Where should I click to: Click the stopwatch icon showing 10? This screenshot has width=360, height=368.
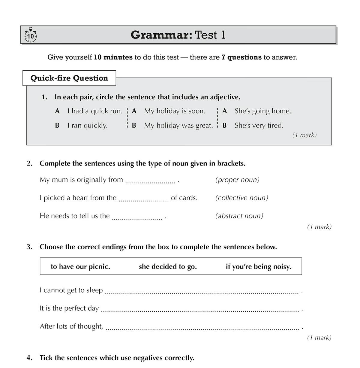pyautogui.click(x=30, y=36)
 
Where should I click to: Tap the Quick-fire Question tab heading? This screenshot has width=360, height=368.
pyautogui.click(x=69, y=78)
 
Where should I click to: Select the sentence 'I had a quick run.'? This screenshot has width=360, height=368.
pyautogui.click(x=95, y=111)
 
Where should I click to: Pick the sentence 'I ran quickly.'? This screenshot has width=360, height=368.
pyautogui.click(x=87, y=126)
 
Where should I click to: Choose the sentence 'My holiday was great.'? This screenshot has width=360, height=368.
pyautogui.click(x=178, y=126)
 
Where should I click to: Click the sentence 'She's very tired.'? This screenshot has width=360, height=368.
pyautogui.click(x=259, y=126)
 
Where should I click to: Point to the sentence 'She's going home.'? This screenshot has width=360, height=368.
pyautogui.click(x=263, y=111)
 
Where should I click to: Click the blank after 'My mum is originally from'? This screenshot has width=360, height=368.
pyautogui.click(x=150, y=181)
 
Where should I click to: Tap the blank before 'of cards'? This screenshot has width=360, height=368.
pyautogui.click(x=143, y=199)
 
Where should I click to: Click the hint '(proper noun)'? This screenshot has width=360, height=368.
pyautogui.click(x=237, y=180)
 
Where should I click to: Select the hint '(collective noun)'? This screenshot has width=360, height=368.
pyautogui.click(x=241, y=198)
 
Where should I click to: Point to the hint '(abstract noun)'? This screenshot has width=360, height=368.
pyautogui.click(x=239, y=216)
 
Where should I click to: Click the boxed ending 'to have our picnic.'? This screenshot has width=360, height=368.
pyautogui.click(x=80, y=266)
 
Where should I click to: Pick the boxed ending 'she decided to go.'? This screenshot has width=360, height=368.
pyautogui.click(x=168, y=266)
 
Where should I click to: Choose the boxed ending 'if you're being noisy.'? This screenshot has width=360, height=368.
pyautogui.click(x=258, y=266)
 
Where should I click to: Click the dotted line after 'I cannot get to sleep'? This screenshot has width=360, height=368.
pyautogui.click(x=202, y=291)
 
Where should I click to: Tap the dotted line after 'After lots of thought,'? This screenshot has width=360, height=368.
pyautogui.click(x=202, y=327)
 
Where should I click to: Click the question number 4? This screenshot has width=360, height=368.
pyautogui.click(x=29, y=358)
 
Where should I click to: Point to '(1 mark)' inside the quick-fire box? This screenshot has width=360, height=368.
pyautogui.click(x=304, y=135)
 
